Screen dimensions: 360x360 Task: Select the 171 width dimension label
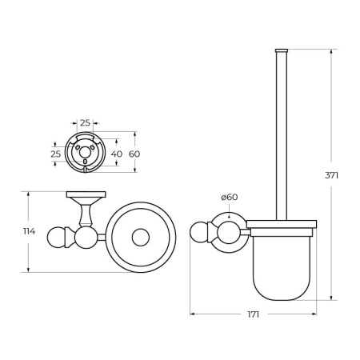(x=253, y=314)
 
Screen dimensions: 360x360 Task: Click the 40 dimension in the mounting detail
(x=117, y=153)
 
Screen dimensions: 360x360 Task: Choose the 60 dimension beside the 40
(x=135, y=153)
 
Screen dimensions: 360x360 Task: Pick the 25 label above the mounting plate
(x=85, y=123)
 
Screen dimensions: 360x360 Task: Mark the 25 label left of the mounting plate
(x=56, y=153)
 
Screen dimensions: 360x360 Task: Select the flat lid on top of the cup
(x=281, y=224)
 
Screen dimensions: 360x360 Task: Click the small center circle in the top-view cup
(x=141, y=238)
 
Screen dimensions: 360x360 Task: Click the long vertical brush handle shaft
(x=280, y=136)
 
